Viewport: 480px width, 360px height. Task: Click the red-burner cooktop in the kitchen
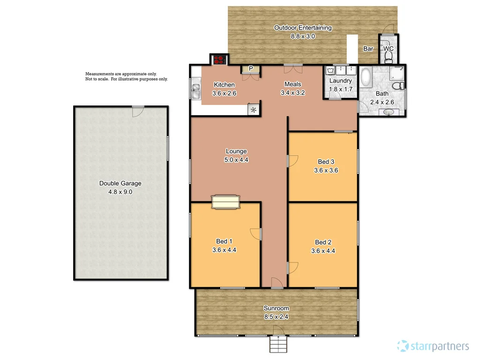(x=219, y=60)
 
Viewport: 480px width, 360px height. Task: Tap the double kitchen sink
(x=195, y=90)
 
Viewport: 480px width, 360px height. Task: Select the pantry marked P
(x=251, y=69)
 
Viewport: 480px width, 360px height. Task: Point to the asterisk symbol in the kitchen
(x=254, y=110)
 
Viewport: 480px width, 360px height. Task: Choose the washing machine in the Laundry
(x=332, y=71)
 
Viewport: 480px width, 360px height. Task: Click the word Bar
(x=368, y=49)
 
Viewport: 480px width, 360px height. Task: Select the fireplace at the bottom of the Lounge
(x=226, y=202)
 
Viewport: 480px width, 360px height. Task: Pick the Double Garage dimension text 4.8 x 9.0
(x=120, y=191)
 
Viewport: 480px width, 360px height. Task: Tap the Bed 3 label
(x=322, y=162)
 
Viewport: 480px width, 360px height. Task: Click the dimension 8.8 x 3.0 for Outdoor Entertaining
(x=302, y=36)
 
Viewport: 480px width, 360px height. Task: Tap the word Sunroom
(x=276, y=308)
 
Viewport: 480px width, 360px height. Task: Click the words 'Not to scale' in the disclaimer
(x=97, y=79)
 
